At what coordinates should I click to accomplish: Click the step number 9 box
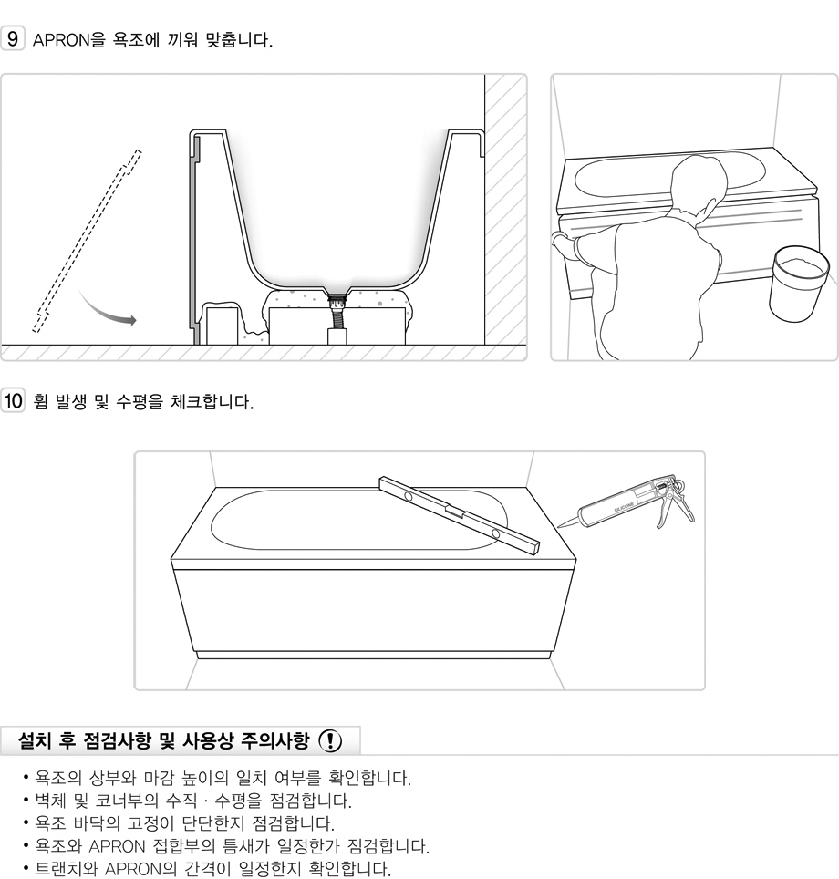13,38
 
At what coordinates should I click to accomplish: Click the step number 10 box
13,401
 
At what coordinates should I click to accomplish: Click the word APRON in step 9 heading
61,40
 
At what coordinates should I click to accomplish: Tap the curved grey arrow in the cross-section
107,309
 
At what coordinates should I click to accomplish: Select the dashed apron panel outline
87,241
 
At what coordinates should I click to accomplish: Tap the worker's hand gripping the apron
562,244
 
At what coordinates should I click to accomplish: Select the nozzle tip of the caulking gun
559,526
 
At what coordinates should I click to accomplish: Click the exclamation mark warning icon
330,740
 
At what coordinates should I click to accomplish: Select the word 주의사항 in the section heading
274,740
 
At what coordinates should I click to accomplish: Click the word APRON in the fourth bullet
118,845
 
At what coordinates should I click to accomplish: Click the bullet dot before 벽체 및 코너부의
26,800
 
